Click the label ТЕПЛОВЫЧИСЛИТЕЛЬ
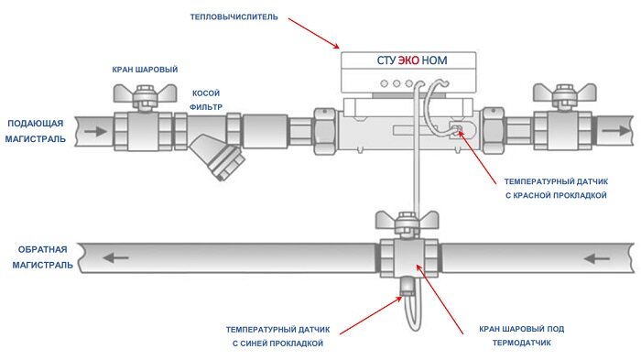pyautogui.click(x=234, y=17)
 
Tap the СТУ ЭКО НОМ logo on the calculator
pyautogui.click(x=412, y=60)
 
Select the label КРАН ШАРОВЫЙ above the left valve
pyautogui.click(x=145, y=70)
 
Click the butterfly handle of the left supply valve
pyautogui.click(x=145, y=93)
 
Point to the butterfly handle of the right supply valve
pyautogui.click(x=565, y=93)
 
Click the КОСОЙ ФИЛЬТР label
pyautogui.click(x=206, y=100)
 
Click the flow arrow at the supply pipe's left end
pyautogui.click(x=95, y=131)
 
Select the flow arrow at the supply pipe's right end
pyautogui.click(x=616, y=130)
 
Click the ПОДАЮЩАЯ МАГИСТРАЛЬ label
pyautogui.click(x=35, y=131)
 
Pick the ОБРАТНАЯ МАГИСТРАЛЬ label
pyautogui.click(x=42, y=257)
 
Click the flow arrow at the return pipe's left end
pyautogui.click(x=115, y=258)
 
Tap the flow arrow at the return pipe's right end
pyautogui.click(x=597, y=258)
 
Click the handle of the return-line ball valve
pyautogui.click(x=407, y=220)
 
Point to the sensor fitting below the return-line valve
pyautogui.click(x=407, y=286)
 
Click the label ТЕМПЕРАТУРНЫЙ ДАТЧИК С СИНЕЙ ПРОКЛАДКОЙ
pyautogui.click(x=278, y=336)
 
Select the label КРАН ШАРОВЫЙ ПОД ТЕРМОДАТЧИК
pyautogui.click(x=522, y=336)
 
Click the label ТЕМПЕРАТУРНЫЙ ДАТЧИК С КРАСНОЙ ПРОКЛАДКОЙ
pyautogui.click(x=556, y=188)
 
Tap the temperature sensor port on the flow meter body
pyautogui.click(x=457, y=131)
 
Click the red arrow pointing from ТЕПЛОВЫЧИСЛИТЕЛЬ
pyautogui.click(x=314, y=33)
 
